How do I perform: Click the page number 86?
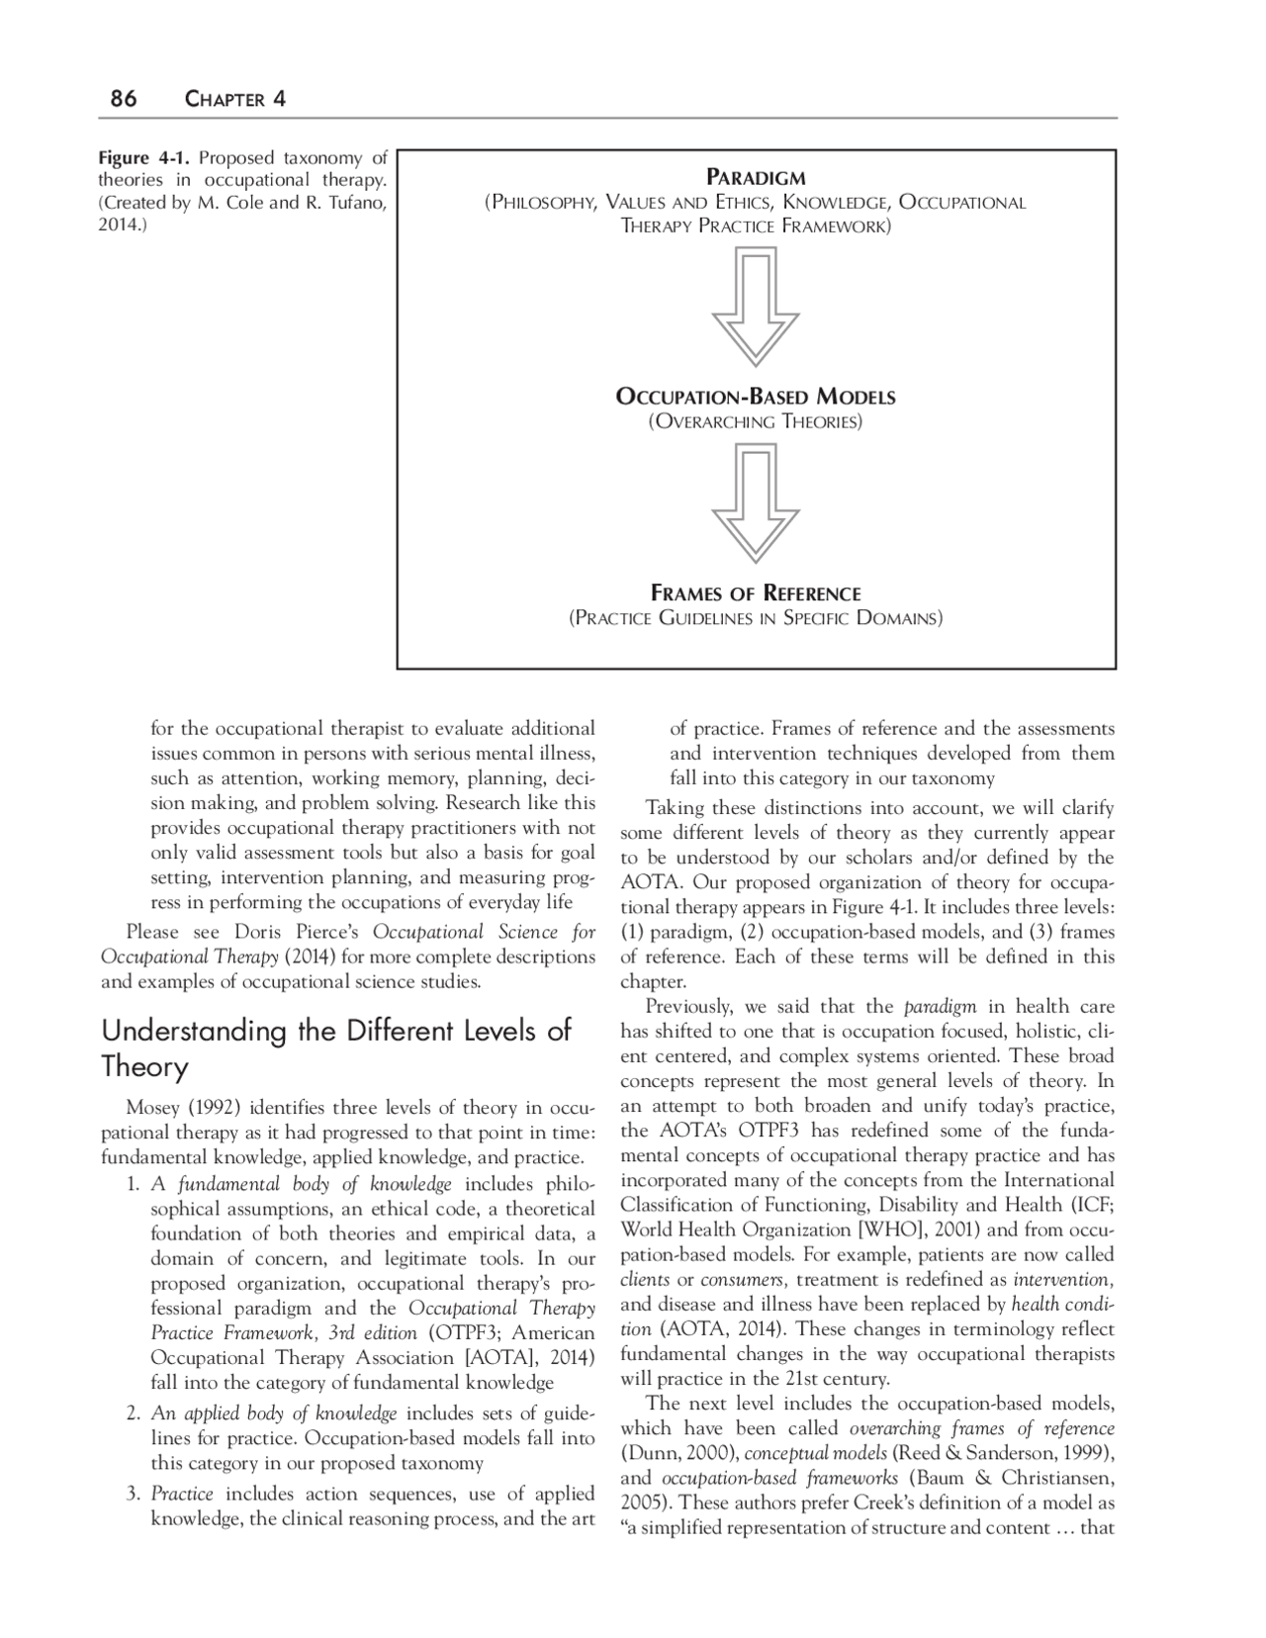[x=123, y=99]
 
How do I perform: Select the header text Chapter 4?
[x=235, y=99]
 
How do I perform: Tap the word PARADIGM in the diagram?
[x=756, y=178]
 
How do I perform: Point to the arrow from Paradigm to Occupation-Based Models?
[x=756, y=305]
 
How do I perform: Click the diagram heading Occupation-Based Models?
[x=756, y=398]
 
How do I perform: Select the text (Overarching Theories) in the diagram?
[x=756, y=422]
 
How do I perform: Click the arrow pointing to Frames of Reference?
[x=756, y=501]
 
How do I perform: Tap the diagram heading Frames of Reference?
[x=756, y=593]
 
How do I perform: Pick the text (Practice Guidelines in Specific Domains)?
[x=756, y=619]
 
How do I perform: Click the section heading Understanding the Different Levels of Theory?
[x=336, y=1048]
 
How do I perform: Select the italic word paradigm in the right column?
[x=940, y=1007]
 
